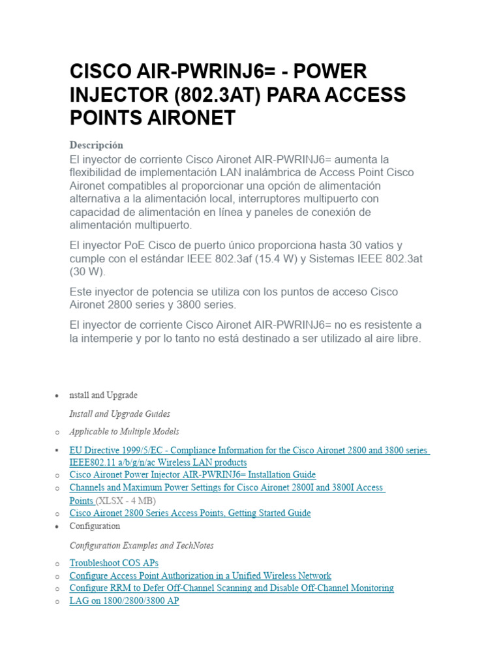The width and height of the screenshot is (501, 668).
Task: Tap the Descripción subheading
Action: tap(96, 145)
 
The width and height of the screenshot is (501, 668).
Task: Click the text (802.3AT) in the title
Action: tap(219, 95)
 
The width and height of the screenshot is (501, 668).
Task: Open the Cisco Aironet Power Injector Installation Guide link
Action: tap(192, 475)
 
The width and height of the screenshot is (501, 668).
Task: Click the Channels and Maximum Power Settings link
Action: tap(226, 488)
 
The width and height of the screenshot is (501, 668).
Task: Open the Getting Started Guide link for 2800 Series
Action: tap(190, 513)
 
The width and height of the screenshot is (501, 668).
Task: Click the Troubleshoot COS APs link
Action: tap(114, 563)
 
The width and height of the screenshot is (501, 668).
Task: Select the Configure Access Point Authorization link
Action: tap(200, 576)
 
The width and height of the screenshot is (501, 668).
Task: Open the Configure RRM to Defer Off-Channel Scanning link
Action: tap(232, 588)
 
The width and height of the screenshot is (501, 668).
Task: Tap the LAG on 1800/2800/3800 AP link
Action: tap(124, 601)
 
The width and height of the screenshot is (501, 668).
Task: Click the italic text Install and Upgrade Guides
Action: tap(119, 414)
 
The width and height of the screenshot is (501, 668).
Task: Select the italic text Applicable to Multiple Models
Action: tap(124, 432)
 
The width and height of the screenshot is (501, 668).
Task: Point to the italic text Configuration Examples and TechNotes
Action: tap(142, 545)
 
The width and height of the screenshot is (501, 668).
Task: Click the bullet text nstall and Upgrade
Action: tap(103, 395)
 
